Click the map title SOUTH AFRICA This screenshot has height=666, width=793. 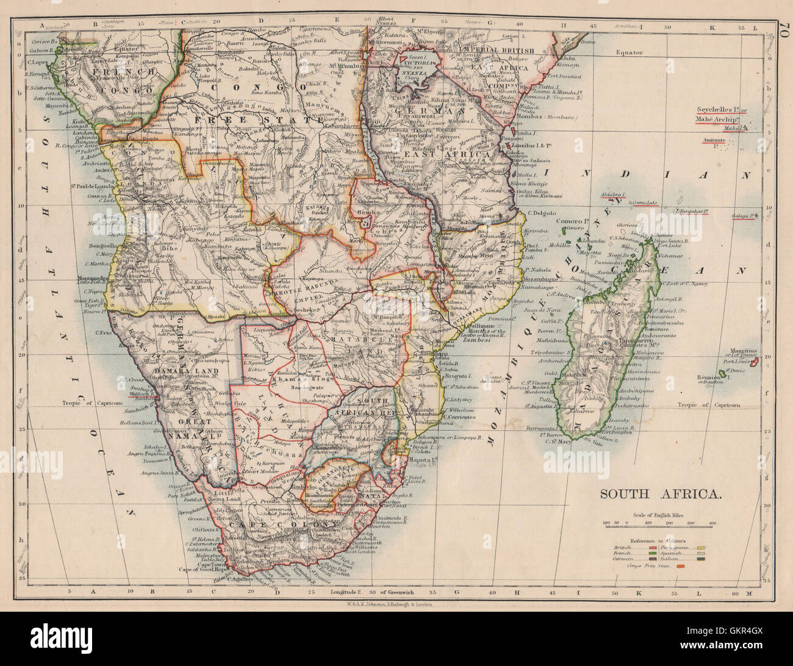pos(661,494)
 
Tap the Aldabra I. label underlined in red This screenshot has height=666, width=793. pos(613,195)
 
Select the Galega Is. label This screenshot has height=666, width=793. pos(745,215)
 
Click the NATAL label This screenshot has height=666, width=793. pos(375,496)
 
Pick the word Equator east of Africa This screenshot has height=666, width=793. pos(628,53)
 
